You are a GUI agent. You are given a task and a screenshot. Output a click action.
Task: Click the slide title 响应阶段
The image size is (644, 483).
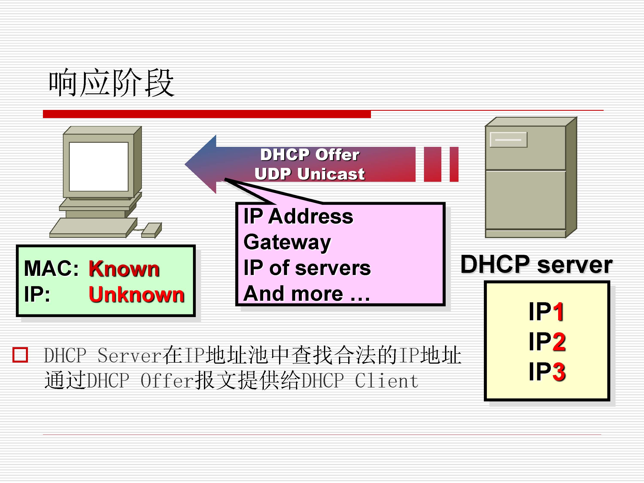pyautogui.click(x=111, y=84)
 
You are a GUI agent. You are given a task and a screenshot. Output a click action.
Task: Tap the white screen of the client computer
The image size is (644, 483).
pyautogui.click(x=99, y=167)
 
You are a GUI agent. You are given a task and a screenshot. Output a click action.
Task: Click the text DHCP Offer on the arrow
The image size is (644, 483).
pyautogui.click(x=310, y=155)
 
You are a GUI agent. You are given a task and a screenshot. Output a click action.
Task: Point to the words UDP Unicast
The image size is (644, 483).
pyautogui.click(x=310, y=174)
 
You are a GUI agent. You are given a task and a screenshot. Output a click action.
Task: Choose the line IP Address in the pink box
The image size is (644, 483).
pyautogui.click(x=298, y=217)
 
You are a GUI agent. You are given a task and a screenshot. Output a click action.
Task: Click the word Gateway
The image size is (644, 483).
pyautogui.click(x=287, y=242)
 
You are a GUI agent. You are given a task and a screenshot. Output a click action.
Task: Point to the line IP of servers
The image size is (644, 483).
pyautogui.click(x=307, y=268)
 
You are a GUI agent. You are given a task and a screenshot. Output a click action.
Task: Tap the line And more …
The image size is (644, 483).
pyautogui.click(x=306, y=293)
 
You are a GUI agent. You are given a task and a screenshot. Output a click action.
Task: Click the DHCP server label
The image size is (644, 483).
pyautogui.click(x=536, y=264)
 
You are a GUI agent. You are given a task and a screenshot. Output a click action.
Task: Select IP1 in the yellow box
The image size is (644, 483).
pyautogui.click(x=546, y=311)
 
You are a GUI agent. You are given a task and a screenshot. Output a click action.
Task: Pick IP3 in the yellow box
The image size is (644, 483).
pyautogui.click(x=547, y=372)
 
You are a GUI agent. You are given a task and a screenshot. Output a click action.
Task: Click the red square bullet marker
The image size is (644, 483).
pyautogui.click(x=20, y=355)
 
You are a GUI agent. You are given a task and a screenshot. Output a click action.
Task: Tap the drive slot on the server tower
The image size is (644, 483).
pyautogui.click(x=508, y=140)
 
